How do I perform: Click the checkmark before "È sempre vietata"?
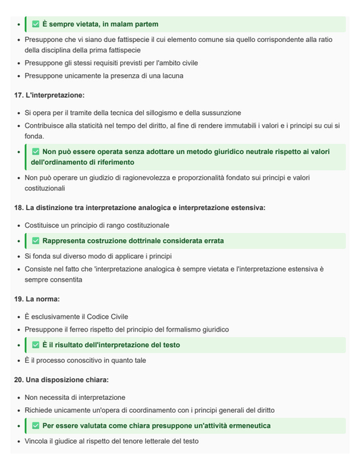pos(36,24)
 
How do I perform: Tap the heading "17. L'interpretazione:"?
pos(49,95)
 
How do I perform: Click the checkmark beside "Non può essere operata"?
pos(36,152)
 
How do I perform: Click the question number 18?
pos(18,207)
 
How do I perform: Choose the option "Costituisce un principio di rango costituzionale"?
pos(97,225)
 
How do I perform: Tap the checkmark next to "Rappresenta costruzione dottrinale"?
pos(36,241)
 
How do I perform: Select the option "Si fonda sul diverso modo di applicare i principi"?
pos(99,257)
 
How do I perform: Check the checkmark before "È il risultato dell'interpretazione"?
pos(36,345)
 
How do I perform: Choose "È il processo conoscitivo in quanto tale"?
pos(85,361)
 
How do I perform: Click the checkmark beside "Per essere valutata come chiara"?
pos(36,426)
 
